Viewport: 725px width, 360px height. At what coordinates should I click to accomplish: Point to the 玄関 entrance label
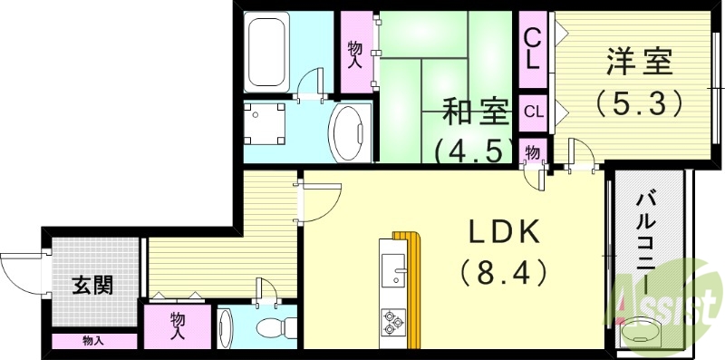coord(92,285)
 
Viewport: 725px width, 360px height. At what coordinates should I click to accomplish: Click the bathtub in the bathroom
coord(267,51)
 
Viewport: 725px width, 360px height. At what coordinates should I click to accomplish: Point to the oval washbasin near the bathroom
coord(349,134)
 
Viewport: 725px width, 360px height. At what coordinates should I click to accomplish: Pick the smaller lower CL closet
coord(534,112)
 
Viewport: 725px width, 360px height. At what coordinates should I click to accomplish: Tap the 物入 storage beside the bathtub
coord(356,52)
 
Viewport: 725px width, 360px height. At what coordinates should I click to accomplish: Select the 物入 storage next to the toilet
coord(177,325)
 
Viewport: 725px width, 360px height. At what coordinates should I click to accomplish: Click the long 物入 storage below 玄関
coord(93,341)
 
